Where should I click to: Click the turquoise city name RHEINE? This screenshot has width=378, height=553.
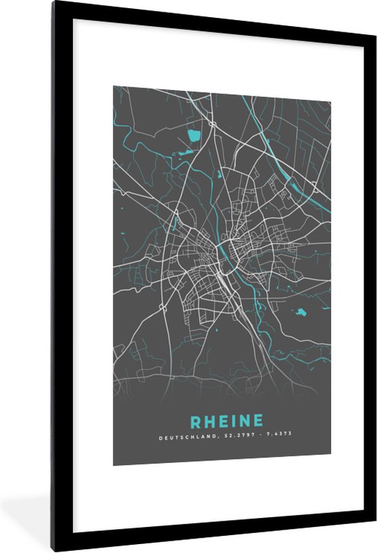click(x=222, y=420)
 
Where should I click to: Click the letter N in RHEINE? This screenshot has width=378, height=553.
click(x=238, y=420)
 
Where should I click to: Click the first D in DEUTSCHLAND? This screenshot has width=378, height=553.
click(x=159, y=437)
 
